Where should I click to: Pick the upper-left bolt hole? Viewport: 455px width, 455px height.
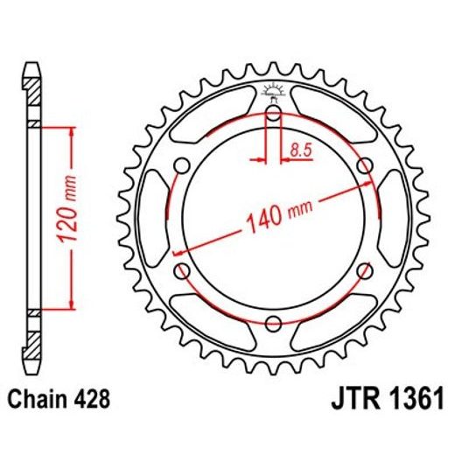point(183,164)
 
